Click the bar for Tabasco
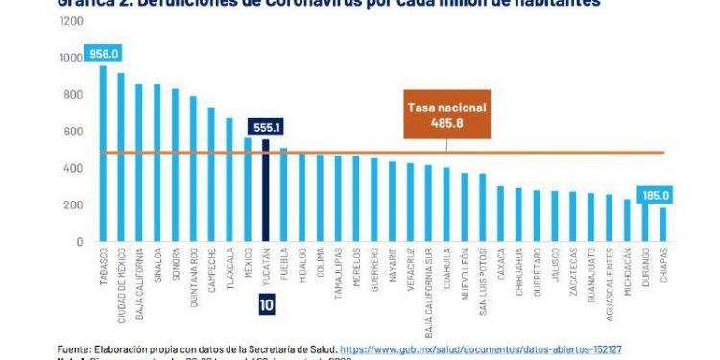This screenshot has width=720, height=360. pyautogui.click(x=103, y=154)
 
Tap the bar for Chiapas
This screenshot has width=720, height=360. pyautogui.click(x=662, y=225)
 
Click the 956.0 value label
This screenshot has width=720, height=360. pyautogui.click(x=103, y=54)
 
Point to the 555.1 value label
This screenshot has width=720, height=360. pyautogui.click(x=265, y=125)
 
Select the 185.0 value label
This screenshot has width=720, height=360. pyautogui.click(x=659, y=195)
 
